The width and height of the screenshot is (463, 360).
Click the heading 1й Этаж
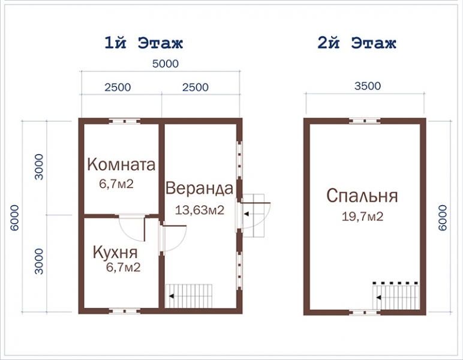point(143,43)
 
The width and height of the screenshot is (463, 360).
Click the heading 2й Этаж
point(357,43)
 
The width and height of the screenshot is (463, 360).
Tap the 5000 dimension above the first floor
point(160,64)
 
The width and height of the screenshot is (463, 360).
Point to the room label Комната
point(122,164)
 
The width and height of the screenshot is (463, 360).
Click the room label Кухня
point(116,252)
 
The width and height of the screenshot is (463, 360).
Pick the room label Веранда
point(199,188)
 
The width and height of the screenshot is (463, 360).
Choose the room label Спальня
point(362,196)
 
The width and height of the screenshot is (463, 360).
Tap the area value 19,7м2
point(362,217)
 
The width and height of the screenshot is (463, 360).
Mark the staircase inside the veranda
point(189,295)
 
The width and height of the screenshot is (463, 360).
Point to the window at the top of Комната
point(125,121)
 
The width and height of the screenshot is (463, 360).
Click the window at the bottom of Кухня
point(125,311)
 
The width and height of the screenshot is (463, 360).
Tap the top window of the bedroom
point(365,121)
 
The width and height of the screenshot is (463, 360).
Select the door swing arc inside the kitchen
point(131,227)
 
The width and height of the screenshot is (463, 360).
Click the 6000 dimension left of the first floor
point(16,216)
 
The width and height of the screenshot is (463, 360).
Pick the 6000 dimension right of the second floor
point(443,217)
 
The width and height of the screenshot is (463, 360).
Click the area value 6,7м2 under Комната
point(116,183)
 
